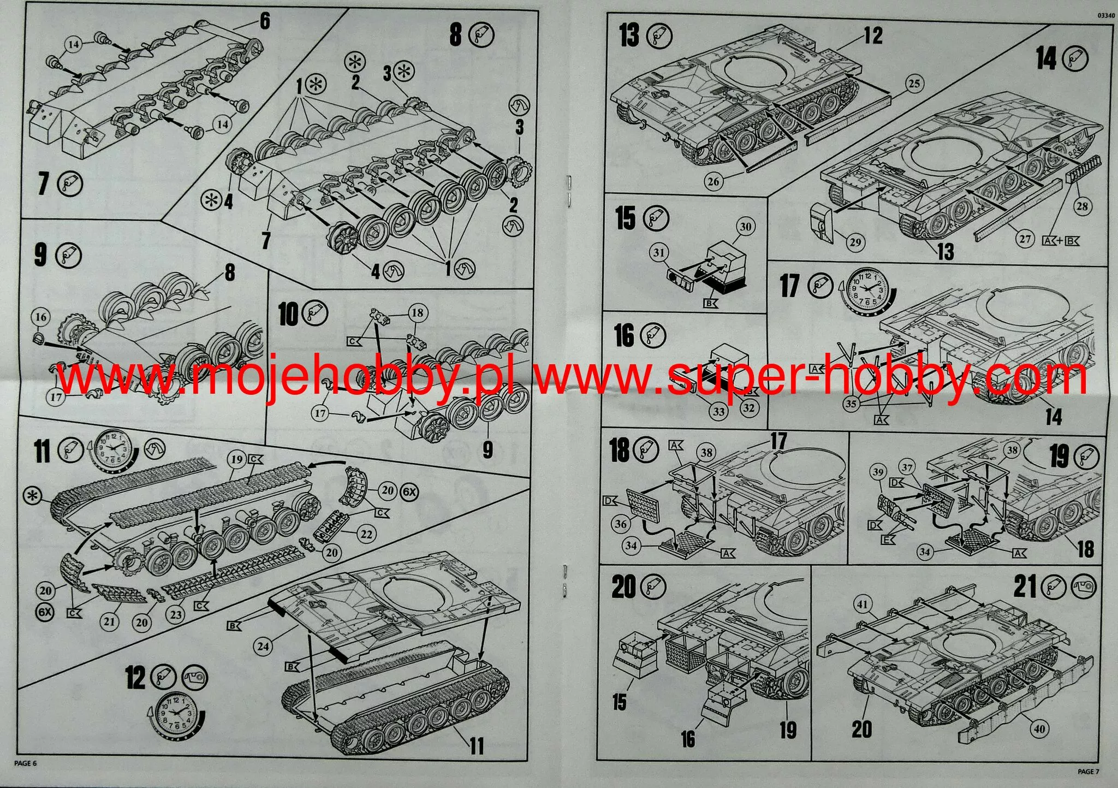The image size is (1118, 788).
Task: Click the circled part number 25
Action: (x=914, y=84)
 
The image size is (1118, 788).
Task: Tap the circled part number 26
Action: (x=713, y=181)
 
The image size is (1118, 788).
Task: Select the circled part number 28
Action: (x=1082, y=206)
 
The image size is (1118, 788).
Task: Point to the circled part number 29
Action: (x=855, y=242)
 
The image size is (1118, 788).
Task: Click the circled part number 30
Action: (x=746, y=227)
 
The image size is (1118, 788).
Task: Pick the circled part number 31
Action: (x=660, y=252)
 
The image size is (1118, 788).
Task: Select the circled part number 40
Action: (x=1039, y=728)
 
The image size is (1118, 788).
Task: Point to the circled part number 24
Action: (x=264, y=647)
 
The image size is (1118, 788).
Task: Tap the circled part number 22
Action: (x=366, y=534)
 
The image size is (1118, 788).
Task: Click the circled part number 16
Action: (x=41, y=317)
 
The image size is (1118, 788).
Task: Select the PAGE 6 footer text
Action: (x=25, y=763)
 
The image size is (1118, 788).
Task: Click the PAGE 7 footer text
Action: (x=1089, y=771)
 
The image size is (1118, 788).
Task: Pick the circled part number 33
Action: (x=718, y=412)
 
